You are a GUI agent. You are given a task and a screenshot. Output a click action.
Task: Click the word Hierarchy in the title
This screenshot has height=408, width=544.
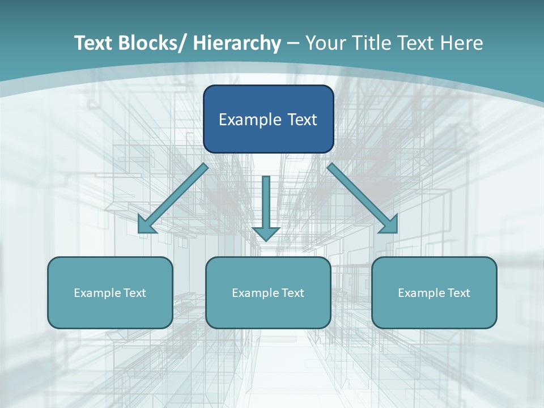coord(237,43)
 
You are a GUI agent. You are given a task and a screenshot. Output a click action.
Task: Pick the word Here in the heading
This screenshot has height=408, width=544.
coord(462,43)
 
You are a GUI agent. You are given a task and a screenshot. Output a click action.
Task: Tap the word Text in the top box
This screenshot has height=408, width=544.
coord(301,120)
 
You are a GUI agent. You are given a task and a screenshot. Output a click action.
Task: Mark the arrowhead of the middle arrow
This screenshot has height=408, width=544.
coord(266,233)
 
